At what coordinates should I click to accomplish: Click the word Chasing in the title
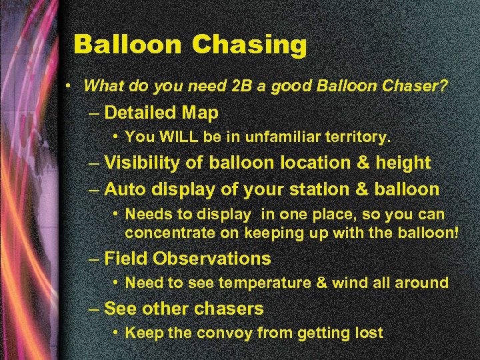[249, 45]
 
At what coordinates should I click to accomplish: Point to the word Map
[200, 113]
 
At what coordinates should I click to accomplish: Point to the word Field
[127, 258]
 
